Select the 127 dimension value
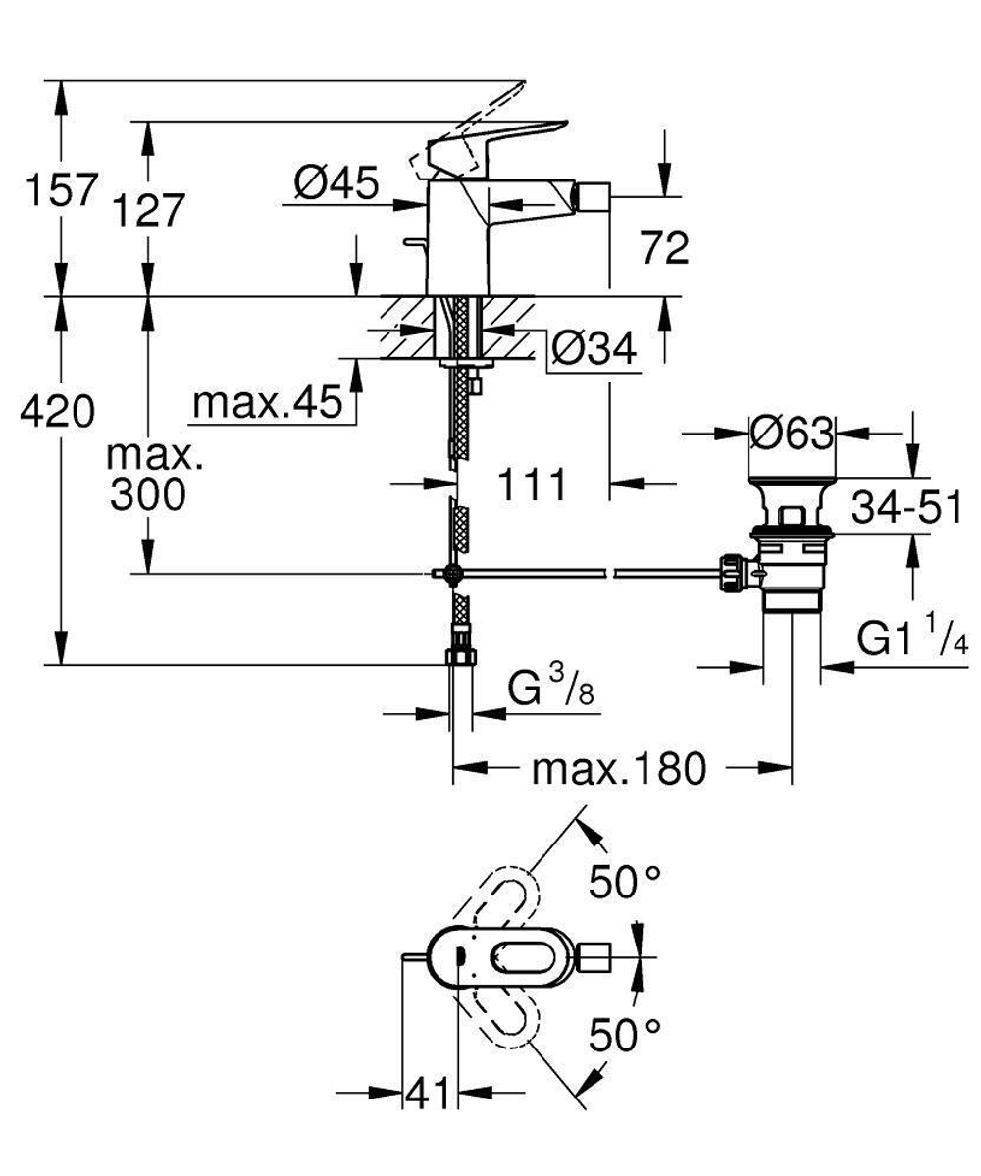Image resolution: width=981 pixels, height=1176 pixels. click(148, 210)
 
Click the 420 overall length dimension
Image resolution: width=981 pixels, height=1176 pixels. click(59, 411)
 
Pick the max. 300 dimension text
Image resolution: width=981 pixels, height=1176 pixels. click(148, 477)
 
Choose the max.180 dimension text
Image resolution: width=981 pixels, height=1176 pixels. click(619, 769)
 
